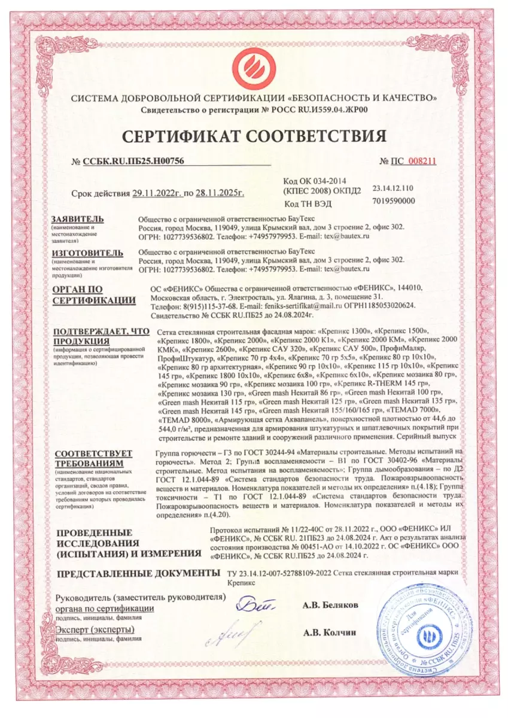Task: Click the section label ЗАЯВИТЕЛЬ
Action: [x=78, y=218]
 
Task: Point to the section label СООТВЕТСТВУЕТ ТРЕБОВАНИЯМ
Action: [x=93, y=458]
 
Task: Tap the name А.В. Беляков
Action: [x=331, y=605]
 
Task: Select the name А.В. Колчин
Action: [x=330, y=631]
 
